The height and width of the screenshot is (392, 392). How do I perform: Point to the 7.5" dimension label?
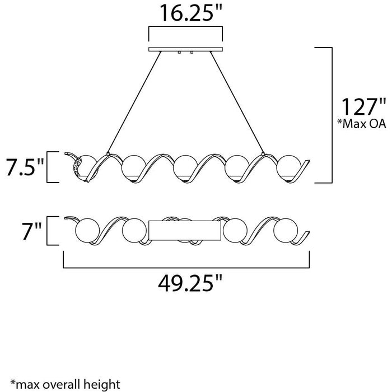(23, 167)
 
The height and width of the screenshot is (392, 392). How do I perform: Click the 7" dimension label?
(25, 230)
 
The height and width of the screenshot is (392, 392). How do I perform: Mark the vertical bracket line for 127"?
(334, 115)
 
